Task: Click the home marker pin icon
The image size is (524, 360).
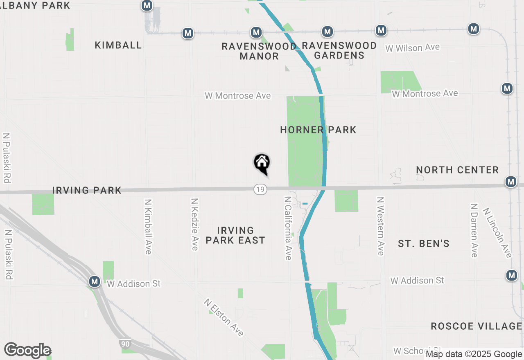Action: pyautogui.click(x=262, y=163)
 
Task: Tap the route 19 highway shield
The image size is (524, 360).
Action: pyautogui.click(x=260, y=189)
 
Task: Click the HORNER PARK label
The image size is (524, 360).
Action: pyautogui.click(x=318, y=130)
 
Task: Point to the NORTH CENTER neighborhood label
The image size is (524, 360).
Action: pyautogui.click(x=457, y=170)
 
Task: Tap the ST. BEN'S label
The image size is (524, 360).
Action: pyautogui.click(x=424, y=244)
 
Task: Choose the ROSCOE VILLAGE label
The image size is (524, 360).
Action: pyautogui.click(x=476, y=326)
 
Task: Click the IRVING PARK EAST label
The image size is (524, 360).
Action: pyautogui.click(x=235, y=235)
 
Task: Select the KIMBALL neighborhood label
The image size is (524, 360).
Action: pyautogui.click(x=118, y=45)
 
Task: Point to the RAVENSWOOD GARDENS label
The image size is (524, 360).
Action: pyautogui.click(x=339, y=50)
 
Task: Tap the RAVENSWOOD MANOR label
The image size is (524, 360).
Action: pyautogui.click(x=259, y=51)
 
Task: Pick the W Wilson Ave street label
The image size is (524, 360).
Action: pyautogui.click(x=413, y=48)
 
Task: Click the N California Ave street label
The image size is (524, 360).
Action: pyautogui.click(x=288, y=227)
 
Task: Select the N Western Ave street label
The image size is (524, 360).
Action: pyautogui.click(x=381, y=226)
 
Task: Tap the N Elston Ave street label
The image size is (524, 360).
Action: pyautogui.click(x=224, y=317)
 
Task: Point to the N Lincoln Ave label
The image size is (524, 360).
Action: pyautogui.click(x=497, y=233)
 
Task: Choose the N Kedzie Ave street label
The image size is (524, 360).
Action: pyautogui.click(x=195, y=224)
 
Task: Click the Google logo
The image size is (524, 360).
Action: pyautogui.click(x=27, y=350)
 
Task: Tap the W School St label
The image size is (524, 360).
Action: pyautogui.click(x=409, y=351)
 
